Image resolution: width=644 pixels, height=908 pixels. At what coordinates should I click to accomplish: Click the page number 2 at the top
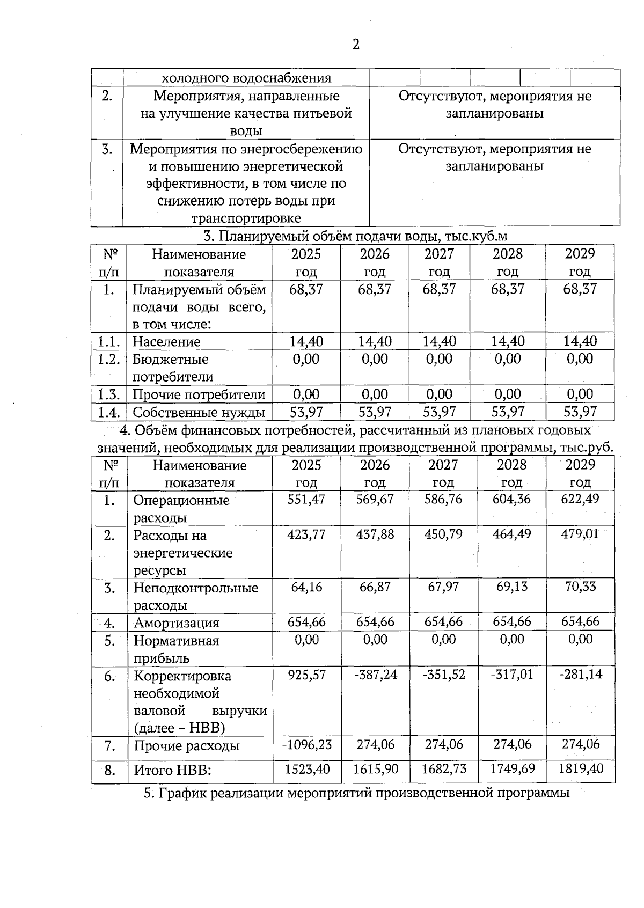pyautogui.click(x=355, y=45)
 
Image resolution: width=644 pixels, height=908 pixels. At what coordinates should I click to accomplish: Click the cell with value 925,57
pyautogui.click(x=306, y=675)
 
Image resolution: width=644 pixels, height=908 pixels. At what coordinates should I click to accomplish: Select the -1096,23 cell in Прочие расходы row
pyautogui.click(x=306, y=744)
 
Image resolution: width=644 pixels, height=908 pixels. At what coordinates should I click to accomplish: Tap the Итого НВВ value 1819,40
pyautogui.click(x=581, y=768)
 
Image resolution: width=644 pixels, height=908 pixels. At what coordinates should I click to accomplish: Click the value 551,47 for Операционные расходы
pyautogui.click(x=306, y=499)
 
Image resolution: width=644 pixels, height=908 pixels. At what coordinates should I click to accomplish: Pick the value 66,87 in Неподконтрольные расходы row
pyautogui.click(x=375, y=587)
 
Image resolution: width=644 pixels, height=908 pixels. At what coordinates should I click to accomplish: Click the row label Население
pyautogui.click(x=166, y=342)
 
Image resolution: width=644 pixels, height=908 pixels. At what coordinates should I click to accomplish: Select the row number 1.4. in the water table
pyautogui.click(x=109, y=412)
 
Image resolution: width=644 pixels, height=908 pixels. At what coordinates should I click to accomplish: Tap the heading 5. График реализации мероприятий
pyautogui.click(x=356, y=793)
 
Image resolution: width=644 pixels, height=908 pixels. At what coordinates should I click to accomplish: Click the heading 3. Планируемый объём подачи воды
pyautogui.click(x=355, y=236)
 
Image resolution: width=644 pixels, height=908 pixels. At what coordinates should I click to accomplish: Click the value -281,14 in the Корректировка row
pyautogui.click(x=581, y=675)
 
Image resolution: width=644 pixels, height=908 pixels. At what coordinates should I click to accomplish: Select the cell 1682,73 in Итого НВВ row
pyautogui.click(x=444, y=768)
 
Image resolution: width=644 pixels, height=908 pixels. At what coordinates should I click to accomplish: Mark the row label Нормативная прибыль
pyautogui.click(x=176, y=649)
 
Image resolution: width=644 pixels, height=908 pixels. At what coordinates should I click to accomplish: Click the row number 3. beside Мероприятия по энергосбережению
pyautogui.click(x=107, y=149)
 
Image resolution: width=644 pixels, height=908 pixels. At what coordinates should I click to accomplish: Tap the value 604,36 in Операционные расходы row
pyautogui.click(x=511, y=499)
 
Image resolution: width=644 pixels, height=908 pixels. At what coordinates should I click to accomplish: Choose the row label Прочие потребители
pyautogui.click(x=199, y=395)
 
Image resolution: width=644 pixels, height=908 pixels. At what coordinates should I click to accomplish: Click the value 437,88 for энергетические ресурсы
pyautogui.click(x=375, y=534)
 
